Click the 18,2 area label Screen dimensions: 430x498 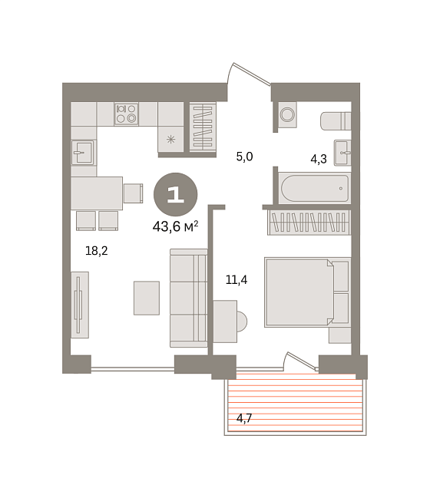pos(96,251)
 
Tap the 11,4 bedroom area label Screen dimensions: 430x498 pos(237,279)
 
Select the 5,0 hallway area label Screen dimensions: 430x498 pos(244,157)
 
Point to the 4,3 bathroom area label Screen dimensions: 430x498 pos(319,159)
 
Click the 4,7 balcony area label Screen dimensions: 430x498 pos(244,418)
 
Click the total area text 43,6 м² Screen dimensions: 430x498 pos(175,226)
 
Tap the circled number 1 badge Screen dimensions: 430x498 pos(175,194)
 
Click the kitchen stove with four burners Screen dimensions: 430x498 pos(126,114)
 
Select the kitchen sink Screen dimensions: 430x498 pos(83,153)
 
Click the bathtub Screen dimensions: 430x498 pos(315,188)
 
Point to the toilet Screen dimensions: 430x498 pos(336,121)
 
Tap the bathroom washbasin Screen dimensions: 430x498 pos(342,153)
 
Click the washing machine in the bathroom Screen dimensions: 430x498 pos(288,114)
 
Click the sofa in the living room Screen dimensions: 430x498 pos(189,298)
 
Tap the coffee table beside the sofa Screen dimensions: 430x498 pos(147,298)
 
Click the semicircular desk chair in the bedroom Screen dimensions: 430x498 pos(242,322)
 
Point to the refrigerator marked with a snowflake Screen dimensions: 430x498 pos(171,139)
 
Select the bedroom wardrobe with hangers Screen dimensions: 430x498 pos(309,223)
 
